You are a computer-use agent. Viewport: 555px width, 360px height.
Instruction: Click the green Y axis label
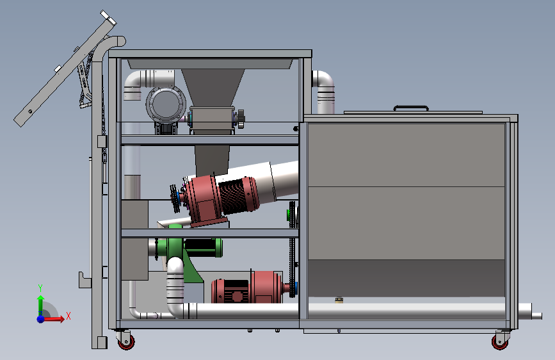pyautogui.click(x=40, y=288)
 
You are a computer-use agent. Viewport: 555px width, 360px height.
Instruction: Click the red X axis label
pyautogui.click(x=68, y=316)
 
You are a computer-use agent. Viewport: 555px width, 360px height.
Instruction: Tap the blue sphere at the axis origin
pyautogui.click(x=41, y=319)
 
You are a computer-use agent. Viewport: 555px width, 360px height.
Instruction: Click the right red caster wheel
pyautogui.click(x=500, y=342)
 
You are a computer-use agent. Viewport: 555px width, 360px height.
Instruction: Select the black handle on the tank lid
pyautogui.click(x=411, y=108)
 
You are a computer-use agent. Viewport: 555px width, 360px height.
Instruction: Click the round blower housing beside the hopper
pyautogui.click(x=166, y=104)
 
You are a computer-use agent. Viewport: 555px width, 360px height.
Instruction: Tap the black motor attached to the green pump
pyautogui.click(x=202, y=247)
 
